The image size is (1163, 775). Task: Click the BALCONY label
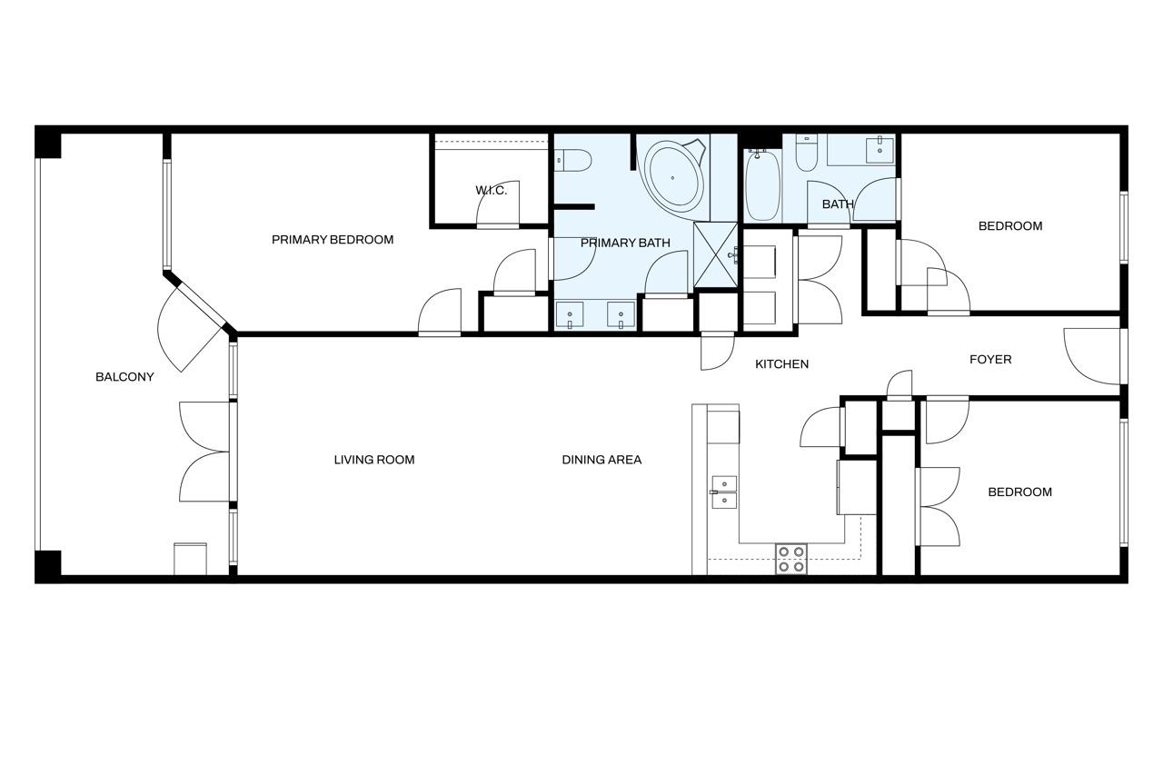pyautogui.click(x=124, y=377)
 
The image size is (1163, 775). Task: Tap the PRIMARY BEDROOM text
pyautogui.click(x=333, y=240)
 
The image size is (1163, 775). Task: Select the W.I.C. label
pyautogui.click(x=492, y=191)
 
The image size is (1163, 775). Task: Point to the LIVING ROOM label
pyautogui.click(x=373, y=460)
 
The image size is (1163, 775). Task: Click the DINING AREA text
pyautogui.click(x=601, y=460)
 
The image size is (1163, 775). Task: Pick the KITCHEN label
pyautogui.click(x=782, y=364)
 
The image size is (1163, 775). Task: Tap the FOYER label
pyautogui.click(x=990, y=360)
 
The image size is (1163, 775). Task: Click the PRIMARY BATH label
pyautogui.click(x=625, y=243)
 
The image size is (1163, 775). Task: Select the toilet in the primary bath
pyautogui.click(x=572, y=161)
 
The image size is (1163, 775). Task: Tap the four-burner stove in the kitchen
pyautogui.click(x=791, y=559)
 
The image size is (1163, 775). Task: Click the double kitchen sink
pyautogui.click(x=724, y=492)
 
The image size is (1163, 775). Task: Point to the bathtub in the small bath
pyautogui.click(x=762, y=185)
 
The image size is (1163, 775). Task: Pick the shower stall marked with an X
pyautogui.click(x=715, y=255)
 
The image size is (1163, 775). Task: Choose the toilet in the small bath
pyautogui.click(x=806, y=154)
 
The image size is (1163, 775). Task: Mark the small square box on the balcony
pyautogui.click(x=190, y=559)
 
